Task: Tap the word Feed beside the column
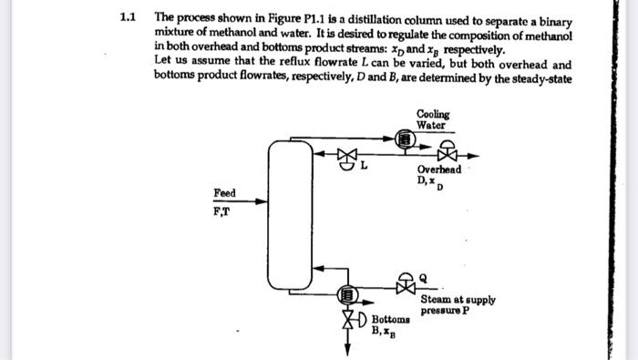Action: (x=224, y=193)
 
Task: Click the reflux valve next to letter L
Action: (x=345, y=156)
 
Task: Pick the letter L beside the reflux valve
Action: (x=364, y=166)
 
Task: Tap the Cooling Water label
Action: (x=432, y=119)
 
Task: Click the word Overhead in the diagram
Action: (x=438, y=170)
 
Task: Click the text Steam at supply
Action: (x=458, y=299)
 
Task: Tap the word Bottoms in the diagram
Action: (x=390, y=321)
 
